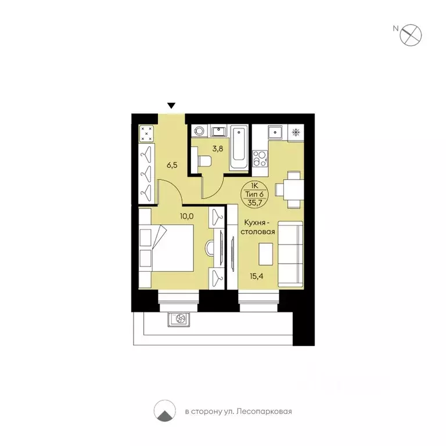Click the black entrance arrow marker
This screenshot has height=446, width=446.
(171, 106)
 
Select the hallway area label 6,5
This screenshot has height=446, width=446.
(172, 165)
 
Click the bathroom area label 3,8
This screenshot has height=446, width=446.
(217, 149)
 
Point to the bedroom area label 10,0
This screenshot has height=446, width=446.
(186, 216)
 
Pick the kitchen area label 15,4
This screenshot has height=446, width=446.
(256, 276)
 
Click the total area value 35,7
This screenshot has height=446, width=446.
(254, 203)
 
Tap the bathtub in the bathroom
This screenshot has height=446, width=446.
(239, 148)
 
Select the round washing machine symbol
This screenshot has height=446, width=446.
(199, 131)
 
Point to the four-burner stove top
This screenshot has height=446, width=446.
(260, 158)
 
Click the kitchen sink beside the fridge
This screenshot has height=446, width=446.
(275, 132)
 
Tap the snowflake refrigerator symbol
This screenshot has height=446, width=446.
(296, 132)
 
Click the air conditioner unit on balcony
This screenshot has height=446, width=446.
(179, 319)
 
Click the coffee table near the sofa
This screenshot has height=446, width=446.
(265, 254)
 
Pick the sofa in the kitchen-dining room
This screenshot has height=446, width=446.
(290, 254)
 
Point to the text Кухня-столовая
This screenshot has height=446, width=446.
(258, 227)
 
